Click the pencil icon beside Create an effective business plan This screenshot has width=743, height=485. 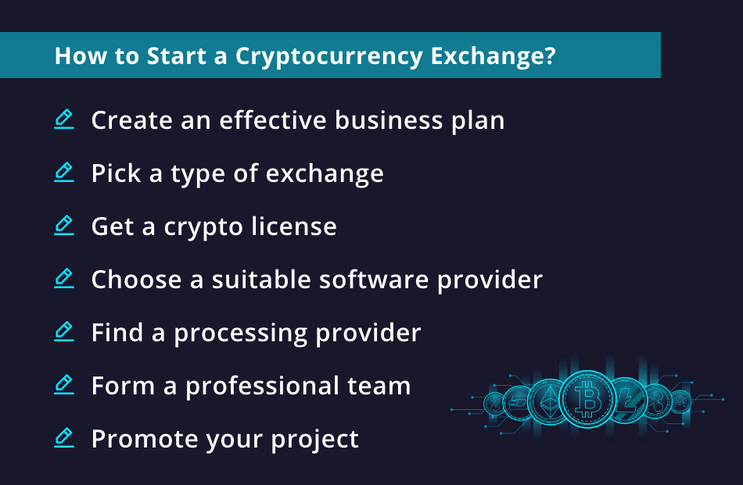[64, 119]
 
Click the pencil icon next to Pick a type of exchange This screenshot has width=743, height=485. [64, 173]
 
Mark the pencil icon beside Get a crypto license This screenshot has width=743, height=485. [64, 226]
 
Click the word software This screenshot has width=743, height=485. [375, 280]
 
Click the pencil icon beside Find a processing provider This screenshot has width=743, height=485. [64, 332]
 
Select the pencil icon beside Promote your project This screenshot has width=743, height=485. [64, 438]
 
